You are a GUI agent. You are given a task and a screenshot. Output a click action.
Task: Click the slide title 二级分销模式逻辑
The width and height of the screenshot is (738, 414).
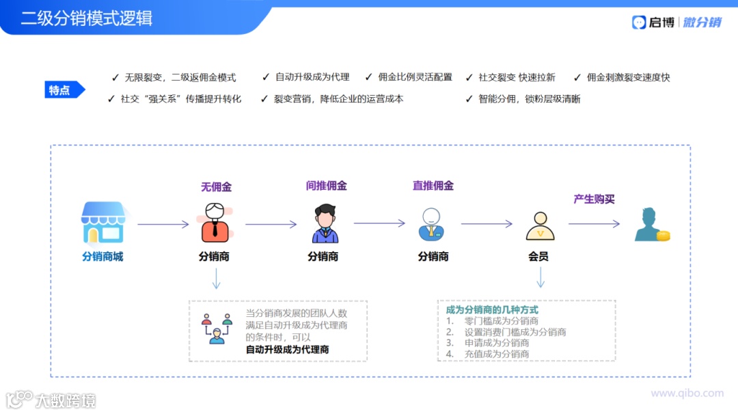86,18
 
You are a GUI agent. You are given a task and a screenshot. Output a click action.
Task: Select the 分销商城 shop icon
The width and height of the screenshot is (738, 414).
103,223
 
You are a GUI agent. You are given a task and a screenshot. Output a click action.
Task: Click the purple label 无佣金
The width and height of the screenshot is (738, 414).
216,187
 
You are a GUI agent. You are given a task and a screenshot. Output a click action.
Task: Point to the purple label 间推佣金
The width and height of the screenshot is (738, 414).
326,186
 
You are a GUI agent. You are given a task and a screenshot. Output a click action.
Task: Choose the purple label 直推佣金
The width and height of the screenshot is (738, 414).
433,186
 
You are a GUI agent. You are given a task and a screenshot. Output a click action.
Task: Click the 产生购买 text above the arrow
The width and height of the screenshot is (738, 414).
594,199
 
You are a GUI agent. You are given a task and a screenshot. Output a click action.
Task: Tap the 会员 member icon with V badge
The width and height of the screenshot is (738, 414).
540,225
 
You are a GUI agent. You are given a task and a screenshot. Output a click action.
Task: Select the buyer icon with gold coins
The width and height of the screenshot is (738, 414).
651,225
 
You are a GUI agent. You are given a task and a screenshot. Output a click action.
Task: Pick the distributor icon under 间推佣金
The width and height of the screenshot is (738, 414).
325,223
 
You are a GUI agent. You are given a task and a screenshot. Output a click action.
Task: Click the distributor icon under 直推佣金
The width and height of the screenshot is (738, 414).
432,224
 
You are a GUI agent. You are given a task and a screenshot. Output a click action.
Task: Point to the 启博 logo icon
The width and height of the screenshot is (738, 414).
639,22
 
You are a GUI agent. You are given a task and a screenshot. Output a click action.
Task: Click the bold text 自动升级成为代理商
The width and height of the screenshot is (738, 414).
287,349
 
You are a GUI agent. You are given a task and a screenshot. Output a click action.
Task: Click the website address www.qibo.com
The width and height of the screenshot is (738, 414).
687,393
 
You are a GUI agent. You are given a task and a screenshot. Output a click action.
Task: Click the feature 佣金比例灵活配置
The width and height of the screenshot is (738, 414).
415,77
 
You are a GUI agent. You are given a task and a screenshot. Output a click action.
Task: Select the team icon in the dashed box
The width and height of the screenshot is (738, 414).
217,328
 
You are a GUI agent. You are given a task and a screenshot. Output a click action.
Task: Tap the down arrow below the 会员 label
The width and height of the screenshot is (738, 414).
540,277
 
